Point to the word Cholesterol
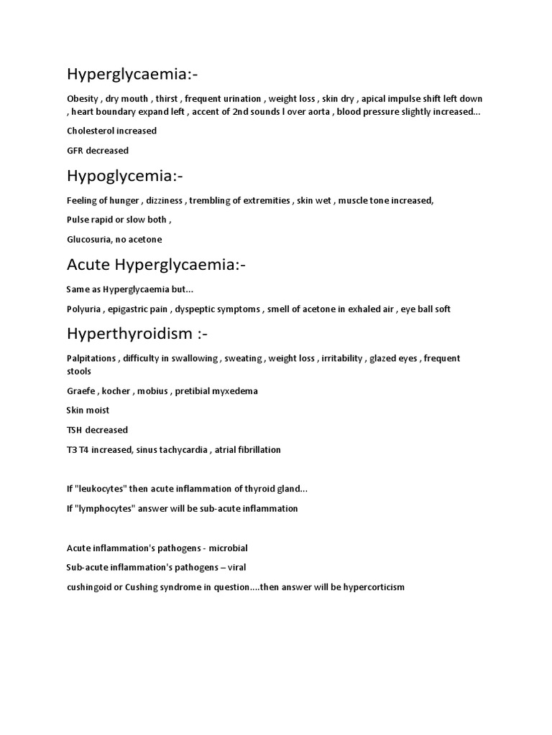90,131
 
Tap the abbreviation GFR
75,151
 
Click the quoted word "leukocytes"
101,489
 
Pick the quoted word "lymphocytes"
103,508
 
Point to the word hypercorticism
371,587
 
